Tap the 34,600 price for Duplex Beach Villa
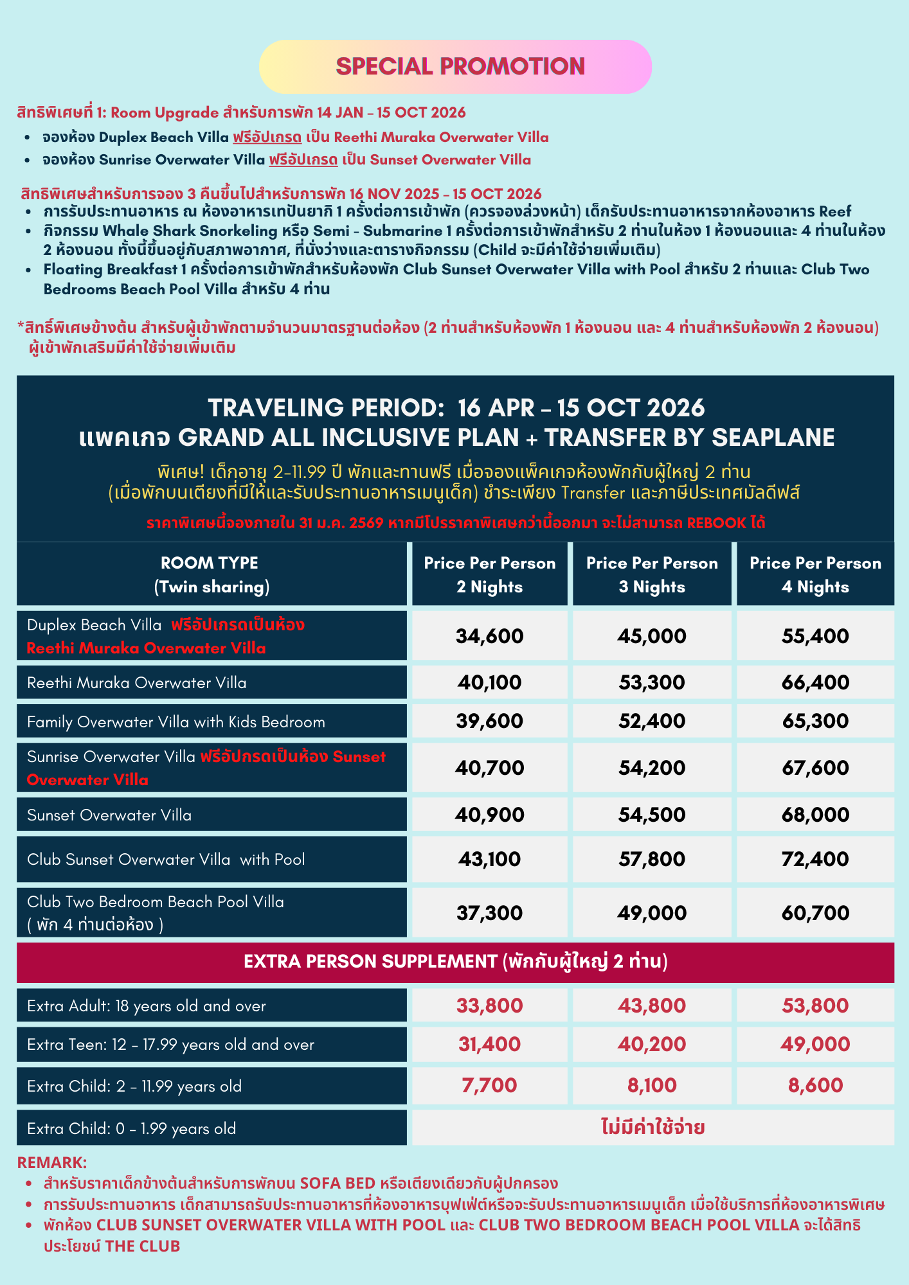490,636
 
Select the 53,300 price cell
652,682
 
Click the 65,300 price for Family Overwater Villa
815,721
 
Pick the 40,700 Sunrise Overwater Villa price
490,768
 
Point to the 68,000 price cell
815,815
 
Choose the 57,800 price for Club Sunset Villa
652,859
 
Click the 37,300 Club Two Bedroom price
490,913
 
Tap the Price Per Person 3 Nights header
652,574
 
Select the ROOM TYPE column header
212,574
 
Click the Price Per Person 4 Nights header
815,574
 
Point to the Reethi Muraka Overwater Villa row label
137,683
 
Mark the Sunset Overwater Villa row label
109,815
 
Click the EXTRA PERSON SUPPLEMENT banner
455,962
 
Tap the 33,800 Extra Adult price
490,1006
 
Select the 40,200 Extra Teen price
652,1045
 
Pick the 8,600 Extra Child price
815,1086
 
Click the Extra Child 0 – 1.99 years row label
132,1129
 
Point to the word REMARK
51,1162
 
